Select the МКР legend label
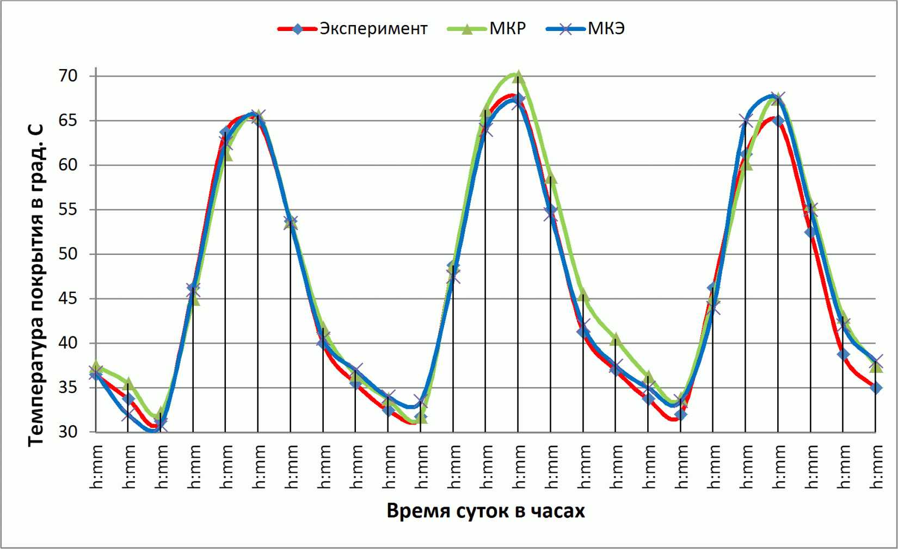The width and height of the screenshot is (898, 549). pos(508,29)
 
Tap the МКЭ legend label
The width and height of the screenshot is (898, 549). pos(606,29)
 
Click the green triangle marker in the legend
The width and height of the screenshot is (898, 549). pos(466,29)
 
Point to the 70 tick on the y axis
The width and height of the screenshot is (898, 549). pos(67,76)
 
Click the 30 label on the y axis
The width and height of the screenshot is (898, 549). pos(67,432)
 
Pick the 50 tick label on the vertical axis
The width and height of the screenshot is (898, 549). pos(67,254)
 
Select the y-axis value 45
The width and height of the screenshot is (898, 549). pos(67,299)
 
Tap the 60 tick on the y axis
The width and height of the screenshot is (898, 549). pos(67,165)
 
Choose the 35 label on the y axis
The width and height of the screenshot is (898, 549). pos(67,388)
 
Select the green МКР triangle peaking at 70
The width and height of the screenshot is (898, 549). pos(518,75)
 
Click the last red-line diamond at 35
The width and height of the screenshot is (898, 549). pos(876,388)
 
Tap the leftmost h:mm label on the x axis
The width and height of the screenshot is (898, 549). pos(96,467)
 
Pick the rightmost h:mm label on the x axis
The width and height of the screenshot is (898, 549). pos(876,467)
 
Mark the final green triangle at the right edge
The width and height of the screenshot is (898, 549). pos(876,366)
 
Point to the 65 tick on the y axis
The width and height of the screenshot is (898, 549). pos(67,121)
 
